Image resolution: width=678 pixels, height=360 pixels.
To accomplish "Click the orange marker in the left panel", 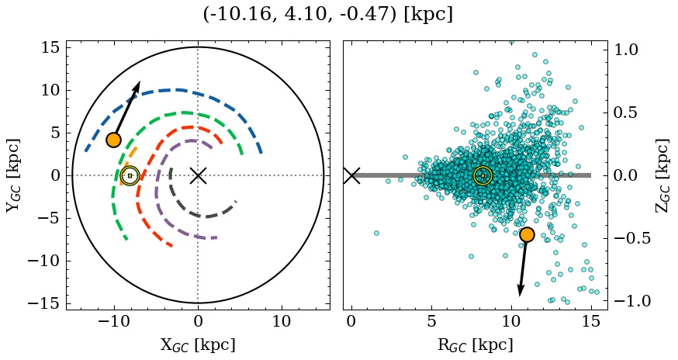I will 114,140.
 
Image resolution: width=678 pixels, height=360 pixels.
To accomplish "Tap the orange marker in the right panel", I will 527,234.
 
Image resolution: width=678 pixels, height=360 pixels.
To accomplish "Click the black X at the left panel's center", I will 198,175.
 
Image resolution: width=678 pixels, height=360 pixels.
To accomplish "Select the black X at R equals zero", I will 351,175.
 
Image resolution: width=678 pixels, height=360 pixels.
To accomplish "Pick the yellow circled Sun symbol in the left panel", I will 130,175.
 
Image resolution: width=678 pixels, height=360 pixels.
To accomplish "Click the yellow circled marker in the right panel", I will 483,175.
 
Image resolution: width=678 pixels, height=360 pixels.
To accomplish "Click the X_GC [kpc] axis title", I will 198,344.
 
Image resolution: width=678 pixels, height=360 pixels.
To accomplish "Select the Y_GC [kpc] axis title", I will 13,175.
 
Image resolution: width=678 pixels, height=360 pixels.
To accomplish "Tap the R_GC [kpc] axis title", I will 475,344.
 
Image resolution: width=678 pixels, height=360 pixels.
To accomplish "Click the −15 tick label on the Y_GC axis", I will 43,303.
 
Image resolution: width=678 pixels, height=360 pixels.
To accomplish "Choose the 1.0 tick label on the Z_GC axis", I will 627,50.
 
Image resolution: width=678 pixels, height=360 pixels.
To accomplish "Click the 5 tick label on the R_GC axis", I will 431,322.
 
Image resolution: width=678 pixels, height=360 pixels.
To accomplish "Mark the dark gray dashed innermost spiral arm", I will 203,216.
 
